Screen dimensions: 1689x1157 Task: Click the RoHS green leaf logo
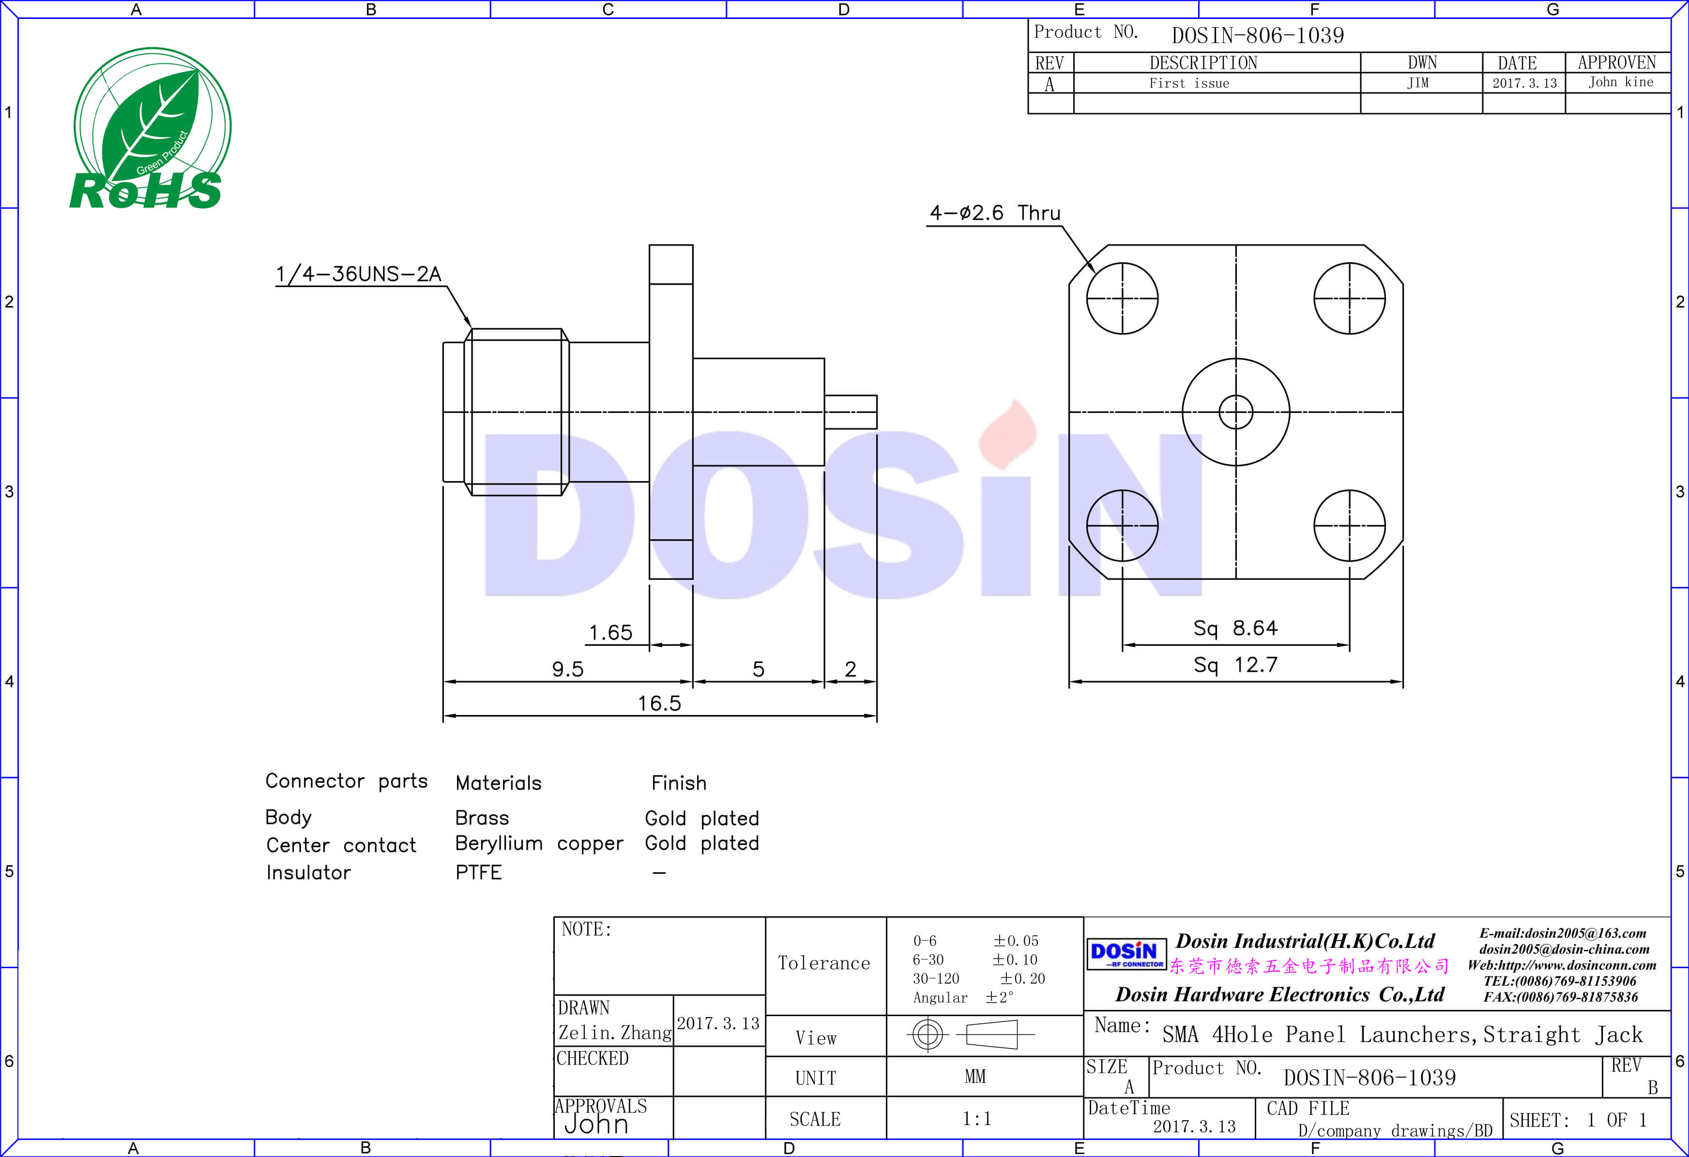[150, 129]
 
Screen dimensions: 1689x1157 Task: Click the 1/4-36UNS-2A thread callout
[358, 274]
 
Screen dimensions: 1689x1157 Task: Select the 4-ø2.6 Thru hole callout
[995, 213]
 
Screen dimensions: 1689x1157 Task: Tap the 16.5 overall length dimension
[659, 703]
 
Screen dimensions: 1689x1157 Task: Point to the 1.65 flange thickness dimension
[610, 632]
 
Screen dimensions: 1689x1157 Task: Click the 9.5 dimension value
[568, 669]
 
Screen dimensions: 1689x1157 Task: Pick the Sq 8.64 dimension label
[1235, 628]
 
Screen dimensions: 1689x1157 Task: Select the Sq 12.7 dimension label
[1235, 664]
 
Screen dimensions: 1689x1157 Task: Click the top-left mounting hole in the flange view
[1122, 299]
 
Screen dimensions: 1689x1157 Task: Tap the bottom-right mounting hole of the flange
[1350, 525]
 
